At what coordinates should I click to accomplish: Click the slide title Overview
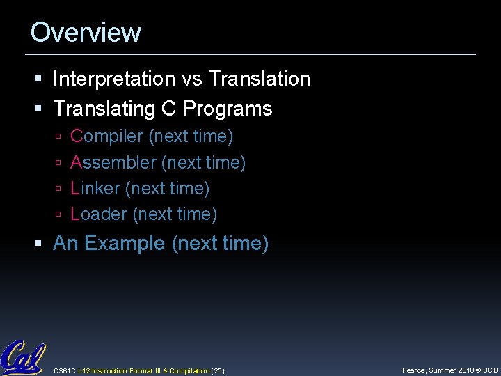[86, 33]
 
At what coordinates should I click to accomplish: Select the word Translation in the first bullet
[259, 79]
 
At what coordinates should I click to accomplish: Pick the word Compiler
[107, 136]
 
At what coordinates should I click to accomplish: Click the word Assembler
[113, 163]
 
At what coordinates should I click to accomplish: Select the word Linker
[95, 189]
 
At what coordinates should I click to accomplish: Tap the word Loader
[99, 214]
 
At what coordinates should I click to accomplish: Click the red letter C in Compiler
[77, 136]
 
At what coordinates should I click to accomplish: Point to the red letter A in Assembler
[77, 163]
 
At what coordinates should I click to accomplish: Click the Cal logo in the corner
[22, 358]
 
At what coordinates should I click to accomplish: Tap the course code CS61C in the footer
[65, 370]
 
